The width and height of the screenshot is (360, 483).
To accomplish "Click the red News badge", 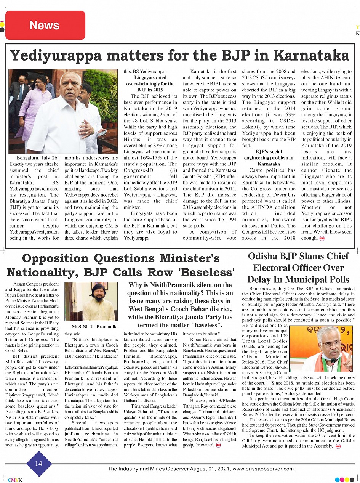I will click(45, 25).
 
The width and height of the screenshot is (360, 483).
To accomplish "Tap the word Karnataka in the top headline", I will click(311, 55).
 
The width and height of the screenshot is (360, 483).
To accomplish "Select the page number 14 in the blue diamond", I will click(39, 463).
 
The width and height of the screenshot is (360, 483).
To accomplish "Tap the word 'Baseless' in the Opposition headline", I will click(205, 273).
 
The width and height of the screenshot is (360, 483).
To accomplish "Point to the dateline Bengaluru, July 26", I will click(38, 158).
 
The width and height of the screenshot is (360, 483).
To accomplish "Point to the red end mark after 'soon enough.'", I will click(322, 238).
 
